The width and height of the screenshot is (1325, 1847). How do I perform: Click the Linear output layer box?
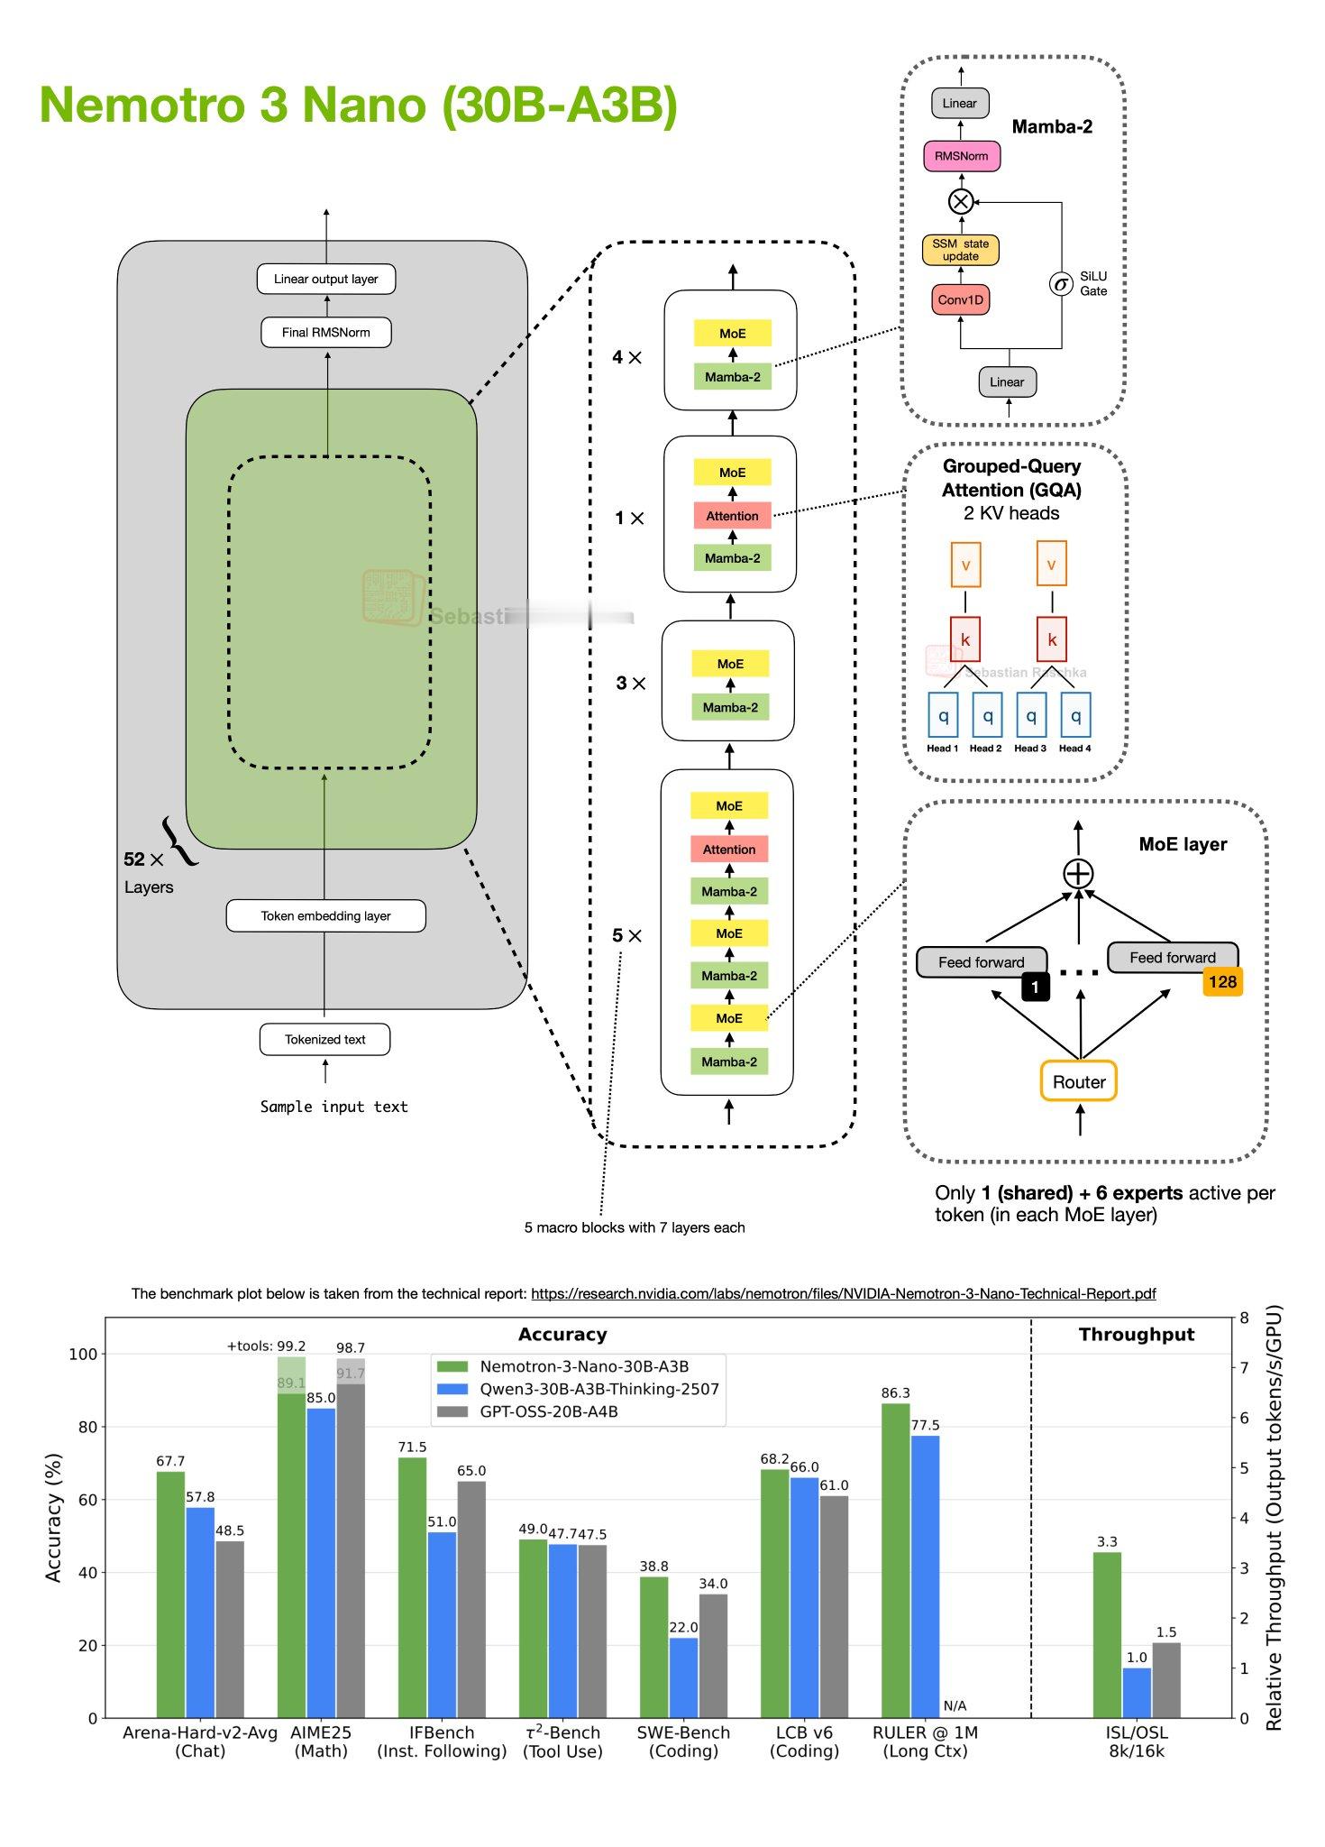point(325,279)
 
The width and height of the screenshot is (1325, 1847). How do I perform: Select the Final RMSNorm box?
point(325,332)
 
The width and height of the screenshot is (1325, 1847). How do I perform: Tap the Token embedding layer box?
point(325,915)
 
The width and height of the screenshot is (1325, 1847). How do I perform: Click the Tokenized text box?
point(324,1039)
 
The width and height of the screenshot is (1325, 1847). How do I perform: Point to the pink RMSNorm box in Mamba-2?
point(961,156)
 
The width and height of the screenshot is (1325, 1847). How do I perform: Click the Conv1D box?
point(960,299)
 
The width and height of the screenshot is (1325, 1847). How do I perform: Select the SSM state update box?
point(960,250)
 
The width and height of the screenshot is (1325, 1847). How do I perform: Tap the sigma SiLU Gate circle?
point(1061,285)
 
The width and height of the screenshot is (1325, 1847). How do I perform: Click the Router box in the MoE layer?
point(1078,1081)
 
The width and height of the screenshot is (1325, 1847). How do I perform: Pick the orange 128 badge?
point(1221,981)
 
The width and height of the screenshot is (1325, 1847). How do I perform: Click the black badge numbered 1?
point(1035,987)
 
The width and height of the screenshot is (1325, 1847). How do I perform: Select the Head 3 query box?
point(1031,715)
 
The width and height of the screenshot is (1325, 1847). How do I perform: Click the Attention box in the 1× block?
point(732,516)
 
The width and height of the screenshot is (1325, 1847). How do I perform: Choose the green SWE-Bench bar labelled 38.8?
point(653,1647)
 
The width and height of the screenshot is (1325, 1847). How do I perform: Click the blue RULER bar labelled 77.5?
point(925,1576)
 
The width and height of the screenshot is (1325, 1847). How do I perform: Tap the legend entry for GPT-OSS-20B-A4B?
point(548,1411)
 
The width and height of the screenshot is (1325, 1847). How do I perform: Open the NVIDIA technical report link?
point(843,1293)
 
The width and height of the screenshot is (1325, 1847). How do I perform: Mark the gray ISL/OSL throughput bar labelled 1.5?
point(1165,1679)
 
